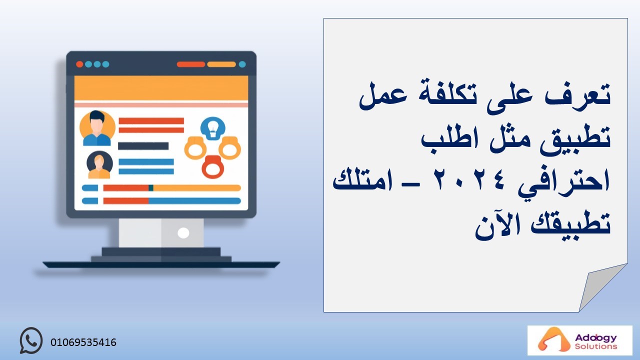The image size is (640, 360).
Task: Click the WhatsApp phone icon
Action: (31, 340)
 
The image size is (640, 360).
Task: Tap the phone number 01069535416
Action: (83, 342)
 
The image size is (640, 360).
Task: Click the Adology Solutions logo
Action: (579, 340)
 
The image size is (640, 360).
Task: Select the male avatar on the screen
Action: (97, 128)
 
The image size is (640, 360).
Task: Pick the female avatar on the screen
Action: (99, 165)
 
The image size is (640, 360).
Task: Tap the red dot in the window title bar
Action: (79, 64)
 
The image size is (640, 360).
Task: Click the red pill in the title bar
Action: (191, 64)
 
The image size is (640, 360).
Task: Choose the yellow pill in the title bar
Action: (221, 64)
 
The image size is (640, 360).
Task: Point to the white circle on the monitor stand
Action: (183, 233)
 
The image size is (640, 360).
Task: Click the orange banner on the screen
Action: (161, 88)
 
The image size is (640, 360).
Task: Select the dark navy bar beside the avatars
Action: (143, 146)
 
